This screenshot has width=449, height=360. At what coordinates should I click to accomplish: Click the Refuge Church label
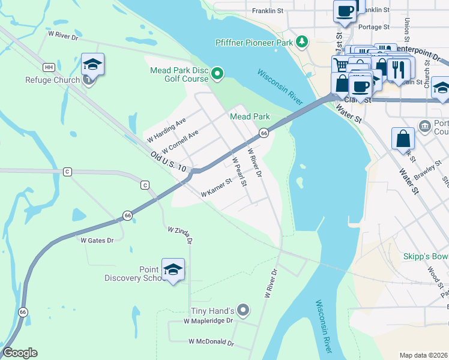pyautogui.click(x=52, y=80)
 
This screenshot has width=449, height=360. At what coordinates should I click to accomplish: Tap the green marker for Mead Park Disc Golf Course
pyautogui.click(x=217, y=74)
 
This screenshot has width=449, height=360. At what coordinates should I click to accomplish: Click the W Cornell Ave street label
pyautogui.click(x=179, y=142)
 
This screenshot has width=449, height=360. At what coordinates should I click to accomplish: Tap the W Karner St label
pyautogui.click(x=216, y=188)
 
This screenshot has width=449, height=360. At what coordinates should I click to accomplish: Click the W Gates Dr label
pyautogui.click(x=97, y=240)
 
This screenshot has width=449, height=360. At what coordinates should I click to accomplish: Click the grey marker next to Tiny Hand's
pyautogui.click(x=243, y=310)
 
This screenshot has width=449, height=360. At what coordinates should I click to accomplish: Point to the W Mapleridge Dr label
pyautogui.click(x=208, y=321)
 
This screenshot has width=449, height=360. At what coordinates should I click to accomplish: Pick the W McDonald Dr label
pyautogui.click(x=211, y=341)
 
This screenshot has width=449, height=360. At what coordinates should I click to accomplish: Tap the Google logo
pyautogui.click(x=20, y=353)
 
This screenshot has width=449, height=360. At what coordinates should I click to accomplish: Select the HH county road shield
pyautogui.click(x=49, y=67)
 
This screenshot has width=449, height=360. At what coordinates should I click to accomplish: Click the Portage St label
pyautogui.click(x=373, y=27)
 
